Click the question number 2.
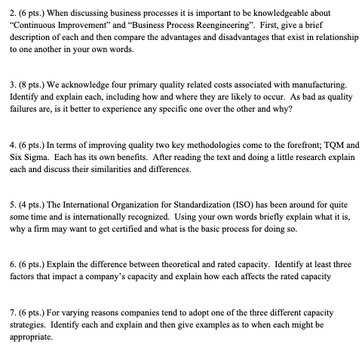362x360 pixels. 10,9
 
